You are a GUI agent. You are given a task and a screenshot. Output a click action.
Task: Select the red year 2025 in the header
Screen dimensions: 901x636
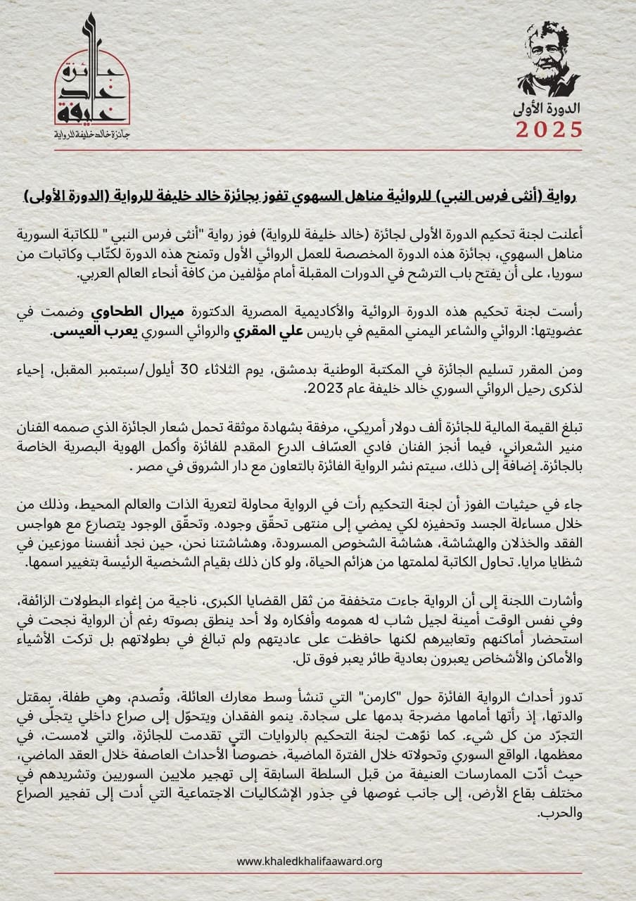[549, 130]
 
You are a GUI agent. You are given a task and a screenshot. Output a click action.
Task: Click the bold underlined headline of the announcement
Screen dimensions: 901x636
[318, 195]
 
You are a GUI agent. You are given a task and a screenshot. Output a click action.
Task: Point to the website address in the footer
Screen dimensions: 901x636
[310, 861]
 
